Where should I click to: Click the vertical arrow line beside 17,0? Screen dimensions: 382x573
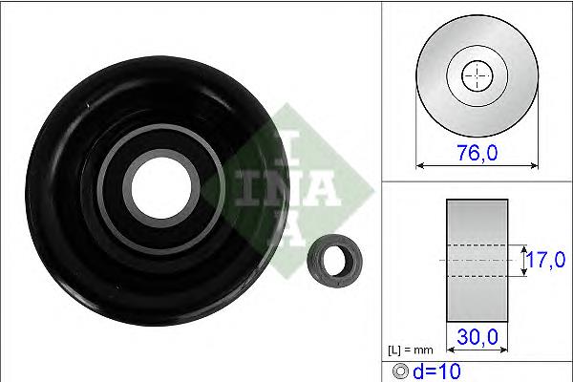tap(523, 260)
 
